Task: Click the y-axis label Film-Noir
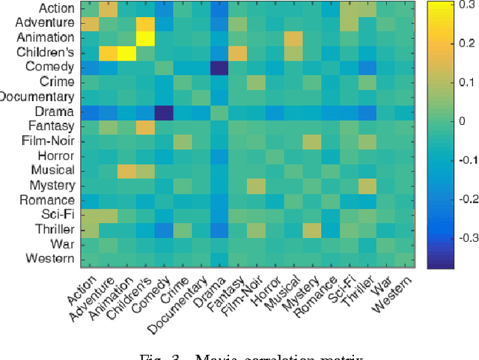[x=49, y=141]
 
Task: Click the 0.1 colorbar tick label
[x=457, y=82]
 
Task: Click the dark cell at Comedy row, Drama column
[x=219, y=67]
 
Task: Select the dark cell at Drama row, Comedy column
[x=163, y=112]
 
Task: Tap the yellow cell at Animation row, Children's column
[x=144, y=37]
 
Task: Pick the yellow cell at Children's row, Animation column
[x=126, y=52]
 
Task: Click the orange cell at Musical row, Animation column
[x=126, y=171]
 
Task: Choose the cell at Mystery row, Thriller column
[x=367, y=186]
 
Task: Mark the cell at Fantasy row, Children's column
[x=144, y=126]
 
